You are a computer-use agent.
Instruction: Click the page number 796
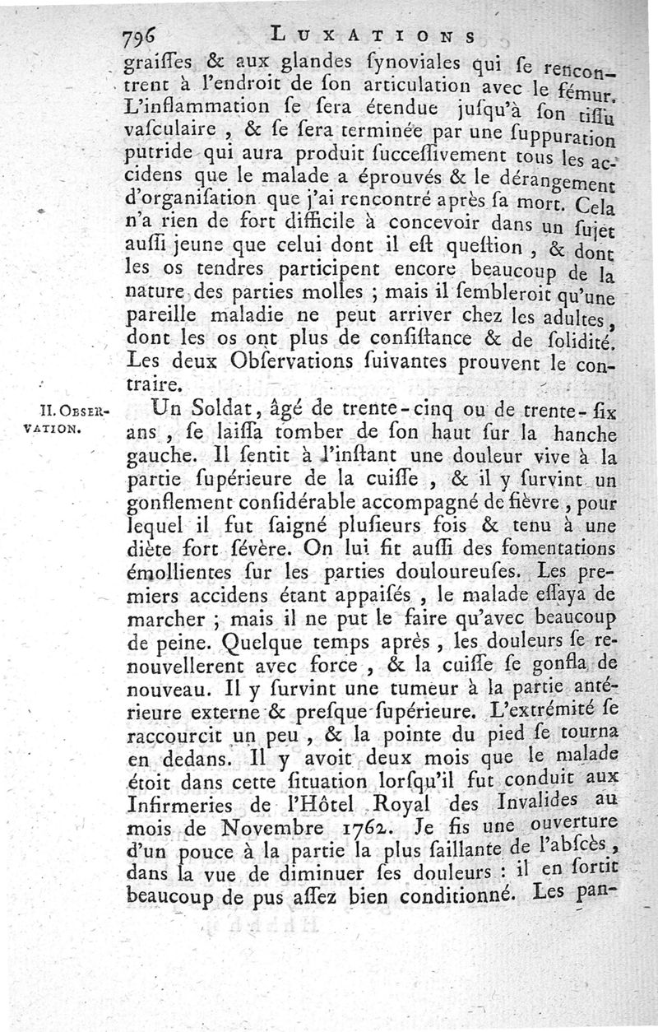pos(142,37)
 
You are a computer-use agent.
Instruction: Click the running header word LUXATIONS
pos(373,35)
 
